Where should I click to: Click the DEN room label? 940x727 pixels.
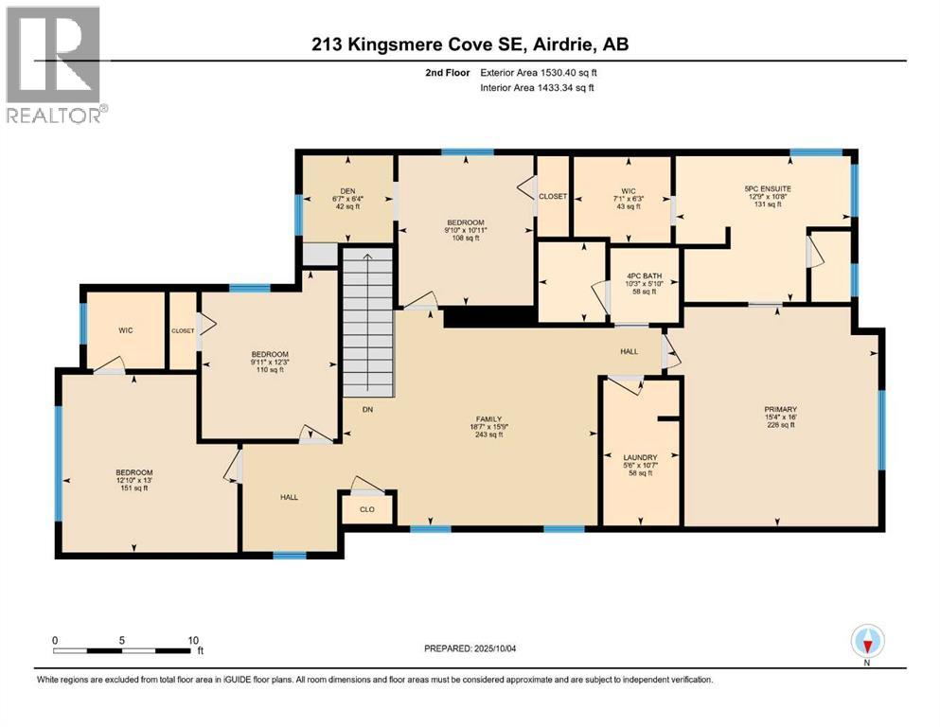point(347,190)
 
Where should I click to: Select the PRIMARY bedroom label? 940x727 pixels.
point(780,410)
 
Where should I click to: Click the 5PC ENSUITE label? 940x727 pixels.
point(768,188)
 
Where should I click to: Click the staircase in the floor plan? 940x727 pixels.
point(367,322)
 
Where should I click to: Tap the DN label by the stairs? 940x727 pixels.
point(367,410)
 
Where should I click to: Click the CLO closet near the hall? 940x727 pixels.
point(367,507)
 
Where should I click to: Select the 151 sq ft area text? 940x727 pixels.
point(133,488)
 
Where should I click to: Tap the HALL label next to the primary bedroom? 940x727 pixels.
point(629,351)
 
